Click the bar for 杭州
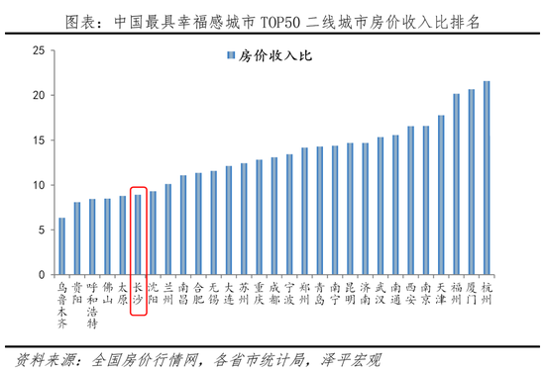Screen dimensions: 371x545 pyautogui.click(x=486, y=178)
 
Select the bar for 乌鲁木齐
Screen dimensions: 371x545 pyautogui.click(x=62, y=246)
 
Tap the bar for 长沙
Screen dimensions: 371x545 pyautogui.click(x=138, y=234)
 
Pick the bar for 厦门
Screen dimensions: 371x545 pyautogui.click(x=471, y=182)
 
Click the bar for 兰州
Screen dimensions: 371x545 pyautogui.click(x=168, y=230)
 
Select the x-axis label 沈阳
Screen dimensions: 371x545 pyautogui.click(x=153, y=291)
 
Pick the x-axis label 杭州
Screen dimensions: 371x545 pyautogui.click(x=486, y=291)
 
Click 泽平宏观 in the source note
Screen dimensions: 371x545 pyautogui.click(x=354, y=358)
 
